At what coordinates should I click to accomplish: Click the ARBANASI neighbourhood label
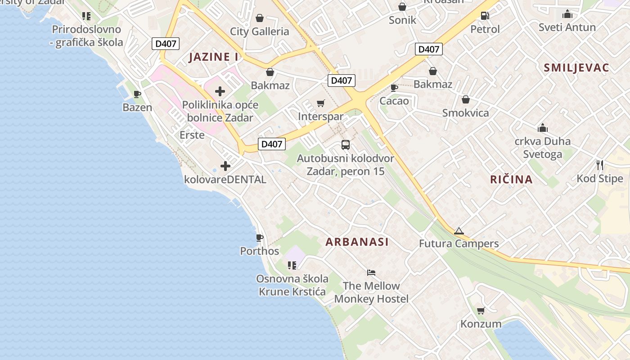(x=357, y=242)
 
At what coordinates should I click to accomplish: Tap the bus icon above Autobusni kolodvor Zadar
(x=346, y=145)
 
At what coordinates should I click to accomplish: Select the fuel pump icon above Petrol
(x=485, y=16)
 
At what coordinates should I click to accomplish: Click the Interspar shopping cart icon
(x=321, y=104)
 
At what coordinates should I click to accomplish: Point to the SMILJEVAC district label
(x=576, y=68)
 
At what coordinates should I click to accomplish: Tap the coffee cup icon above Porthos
(x=260, y=238)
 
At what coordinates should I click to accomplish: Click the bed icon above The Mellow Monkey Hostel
(x=371, y=273)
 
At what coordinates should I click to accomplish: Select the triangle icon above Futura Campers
(x=459, y=231)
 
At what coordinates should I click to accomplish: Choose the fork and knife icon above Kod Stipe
(x=600, y=165)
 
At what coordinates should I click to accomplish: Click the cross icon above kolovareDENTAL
(x=225, y=166)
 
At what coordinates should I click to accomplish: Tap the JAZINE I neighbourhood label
(x=214, y=57)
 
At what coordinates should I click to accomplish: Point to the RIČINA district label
(x=511, y=180)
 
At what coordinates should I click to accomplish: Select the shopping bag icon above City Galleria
(x=260, y=18)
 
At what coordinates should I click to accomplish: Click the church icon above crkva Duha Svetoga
(x=543, y=128)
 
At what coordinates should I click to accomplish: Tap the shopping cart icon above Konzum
(x=481, y=310)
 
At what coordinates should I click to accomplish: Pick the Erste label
(x=192, y=135)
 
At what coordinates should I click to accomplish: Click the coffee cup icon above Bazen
(x=137, y=94)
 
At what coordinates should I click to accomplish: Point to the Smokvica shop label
(x=465, y=113)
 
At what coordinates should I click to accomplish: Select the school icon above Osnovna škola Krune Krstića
(x=292, y=265)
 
